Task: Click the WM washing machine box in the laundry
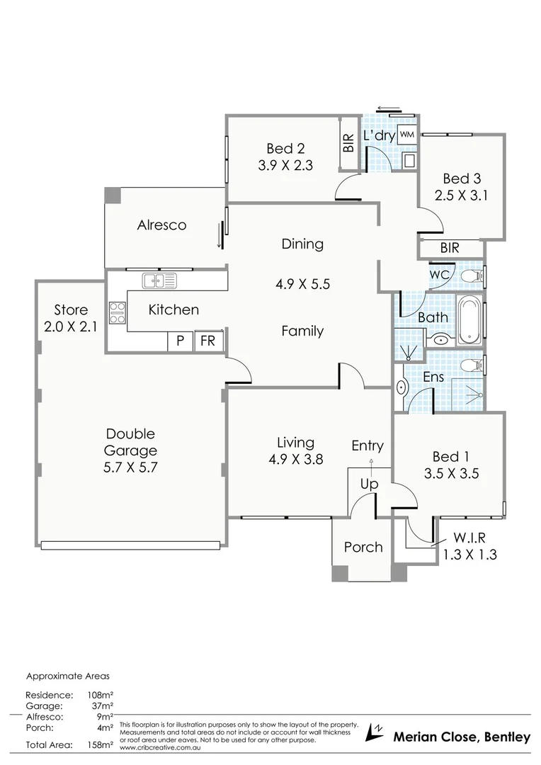406,135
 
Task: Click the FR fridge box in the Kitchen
208,341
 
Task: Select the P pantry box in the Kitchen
180,341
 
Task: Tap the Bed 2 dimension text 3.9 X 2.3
285,165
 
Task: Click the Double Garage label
130,442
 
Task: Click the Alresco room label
161,225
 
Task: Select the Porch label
363,547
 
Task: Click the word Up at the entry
370,484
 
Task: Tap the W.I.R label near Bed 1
469,538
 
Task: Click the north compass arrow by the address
374,732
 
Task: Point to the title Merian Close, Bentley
461,737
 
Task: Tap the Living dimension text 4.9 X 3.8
295,459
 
